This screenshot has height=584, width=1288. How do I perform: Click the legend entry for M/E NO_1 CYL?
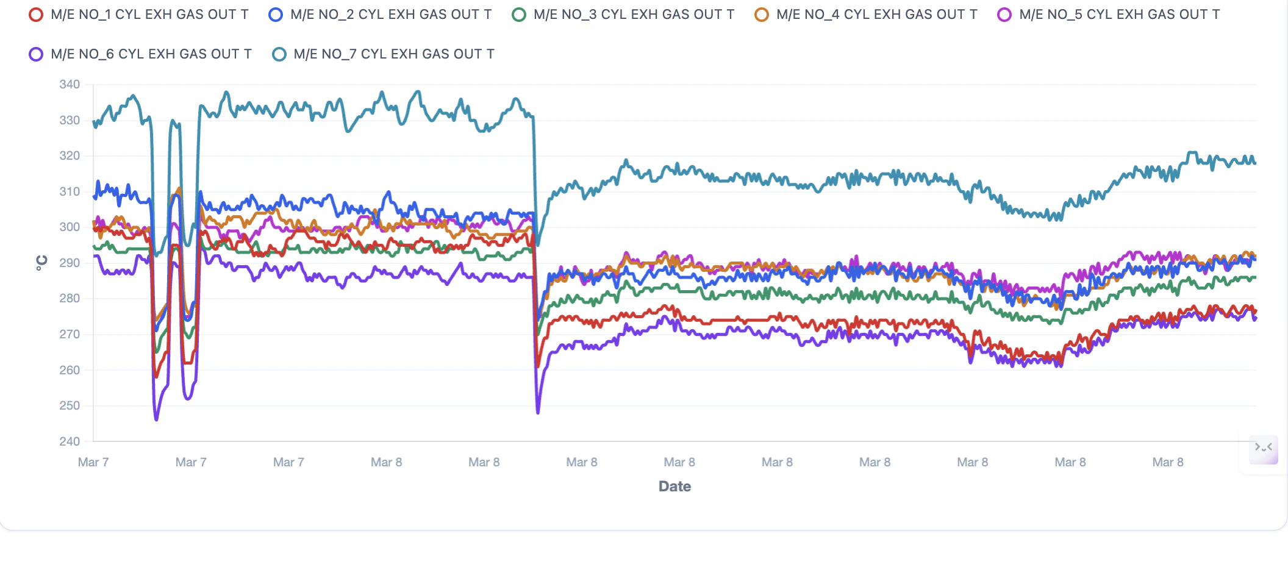139,15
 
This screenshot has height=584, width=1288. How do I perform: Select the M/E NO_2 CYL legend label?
381,15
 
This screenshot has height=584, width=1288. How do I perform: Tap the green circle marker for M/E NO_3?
519,15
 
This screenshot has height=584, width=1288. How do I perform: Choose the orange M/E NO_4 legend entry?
866,15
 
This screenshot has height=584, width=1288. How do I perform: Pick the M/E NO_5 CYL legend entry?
1109,15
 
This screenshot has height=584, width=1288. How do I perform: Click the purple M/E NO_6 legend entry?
140,54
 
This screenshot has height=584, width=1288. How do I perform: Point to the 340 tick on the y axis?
70,85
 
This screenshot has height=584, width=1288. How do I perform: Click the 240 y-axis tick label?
70,441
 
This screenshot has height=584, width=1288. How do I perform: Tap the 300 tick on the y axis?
70,227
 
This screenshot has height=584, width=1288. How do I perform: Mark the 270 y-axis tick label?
70,334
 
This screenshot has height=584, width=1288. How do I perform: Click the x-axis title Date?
674,486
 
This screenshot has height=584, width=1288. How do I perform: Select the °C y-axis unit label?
41,263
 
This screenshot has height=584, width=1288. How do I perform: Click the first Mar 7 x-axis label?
93,462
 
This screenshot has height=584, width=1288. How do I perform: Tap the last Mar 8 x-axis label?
1168,462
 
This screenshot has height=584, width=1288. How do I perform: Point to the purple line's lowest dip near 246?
156,419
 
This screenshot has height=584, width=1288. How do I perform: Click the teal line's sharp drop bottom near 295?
537,244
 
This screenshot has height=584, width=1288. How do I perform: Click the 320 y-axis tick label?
70,156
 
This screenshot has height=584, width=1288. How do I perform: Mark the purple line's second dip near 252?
188,399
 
